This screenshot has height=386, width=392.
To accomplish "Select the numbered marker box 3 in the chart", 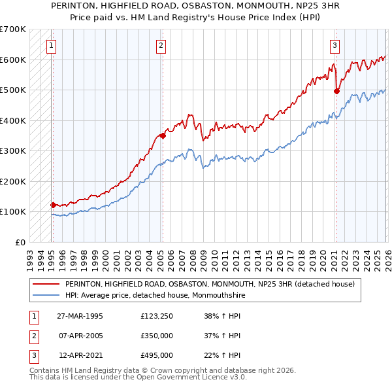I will point(335,45).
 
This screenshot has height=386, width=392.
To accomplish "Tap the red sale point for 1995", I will point(53,205).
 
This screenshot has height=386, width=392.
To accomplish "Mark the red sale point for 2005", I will point(162,136).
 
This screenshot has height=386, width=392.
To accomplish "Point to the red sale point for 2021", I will point(336,92).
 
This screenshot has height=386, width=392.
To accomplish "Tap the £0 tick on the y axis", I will point(20,242).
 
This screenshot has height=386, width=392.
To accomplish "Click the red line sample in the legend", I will point(46,285).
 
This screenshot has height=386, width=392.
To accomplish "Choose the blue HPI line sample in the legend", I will point(46,295).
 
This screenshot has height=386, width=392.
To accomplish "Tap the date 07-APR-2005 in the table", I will point(80,336).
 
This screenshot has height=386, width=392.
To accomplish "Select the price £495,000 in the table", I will point(157,355).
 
